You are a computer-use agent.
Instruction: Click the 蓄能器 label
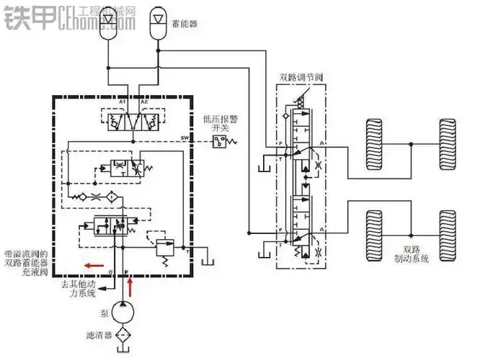pos(184,23)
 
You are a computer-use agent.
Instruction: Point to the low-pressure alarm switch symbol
pos(220,142)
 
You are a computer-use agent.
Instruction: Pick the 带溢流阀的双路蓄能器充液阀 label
pos(26,264)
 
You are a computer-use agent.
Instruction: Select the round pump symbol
pos(130,314)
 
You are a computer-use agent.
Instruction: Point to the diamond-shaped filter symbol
pos(130,337)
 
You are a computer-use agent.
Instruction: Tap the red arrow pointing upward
pos(130,287)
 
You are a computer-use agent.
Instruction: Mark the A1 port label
pos(123,103)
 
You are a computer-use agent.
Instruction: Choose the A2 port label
pos(144,103)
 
